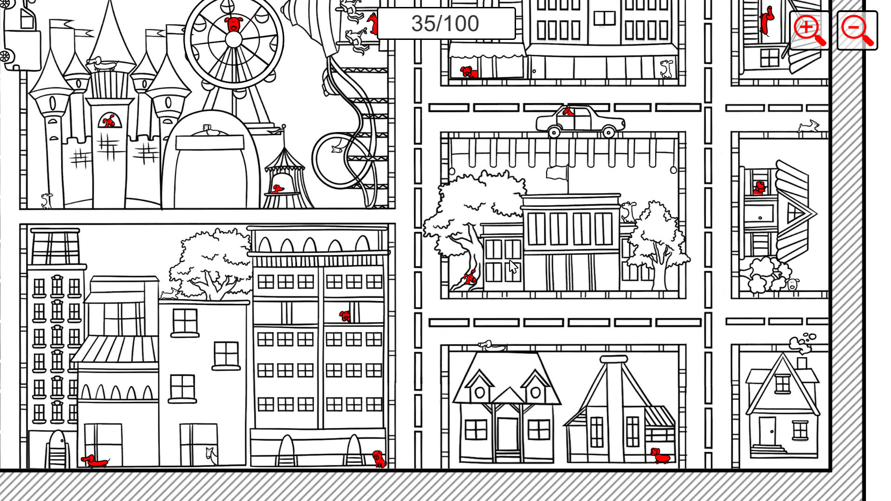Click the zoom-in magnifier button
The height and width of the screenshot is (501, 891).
[x=809, y=30]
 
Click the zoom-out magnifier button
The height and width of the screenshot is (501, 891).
[x=857, y=30]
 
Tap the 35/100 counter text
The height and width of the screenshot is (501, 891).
[x=445, y=24]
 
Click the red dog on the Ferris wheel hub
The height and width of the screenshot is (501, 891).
[x=234, y=24]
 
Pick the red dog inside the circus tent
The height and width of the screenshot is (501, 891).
[x=278, y=189]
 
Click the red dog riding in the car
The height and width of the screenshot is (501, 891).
[x=568, y=111]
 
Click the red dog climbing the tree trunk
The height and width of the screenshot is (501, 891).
[x=470, y=278]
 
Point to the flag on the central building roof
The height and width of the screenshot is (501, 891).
[x=557, y=173]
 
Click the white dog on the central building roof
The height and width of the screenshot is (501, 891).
[x=628, y=212]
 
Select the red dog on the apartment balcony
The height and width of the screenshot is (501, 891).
[x=345, y=316]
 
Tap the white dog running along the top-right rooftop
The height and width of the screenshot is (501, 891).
[x=808, y=126]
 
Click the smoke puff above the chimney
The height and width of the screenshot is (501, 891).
[x=802, y=342]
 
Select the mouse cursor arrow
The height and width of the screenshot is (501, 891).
[x=513, y=266]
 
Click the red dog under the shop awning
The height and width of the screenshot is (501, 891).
[x=468, y=71]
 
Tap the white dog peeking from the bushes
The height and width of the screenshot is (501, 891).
[x=793, y=283]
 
